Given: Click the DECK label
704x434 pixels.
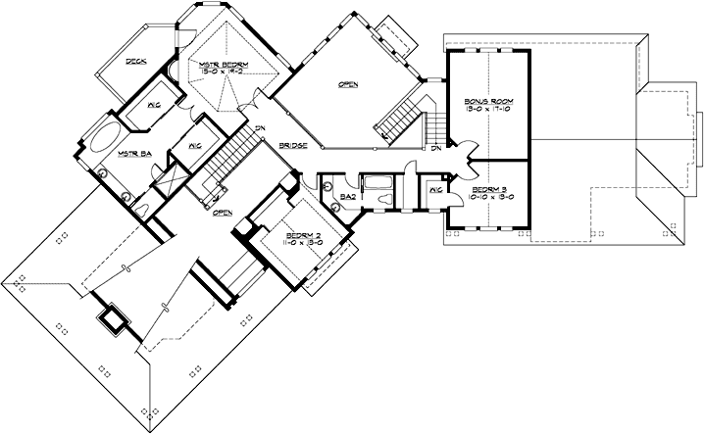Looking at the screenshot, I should [x=135, y=62].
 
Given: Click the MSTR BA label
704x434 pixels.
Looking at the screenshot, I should [x=132, y=154].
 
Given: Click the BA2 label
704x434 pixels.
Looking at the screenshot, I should [x=347, y=196].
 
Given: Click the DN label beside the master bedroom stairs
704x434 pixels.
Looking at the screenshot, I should [x=259, y=128].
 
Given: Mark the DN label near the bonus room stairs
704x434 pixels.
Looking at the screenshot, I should [x=434, y=148].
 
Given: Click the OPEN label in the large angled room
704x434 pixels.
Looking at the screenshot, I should [x=347, y=85].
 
